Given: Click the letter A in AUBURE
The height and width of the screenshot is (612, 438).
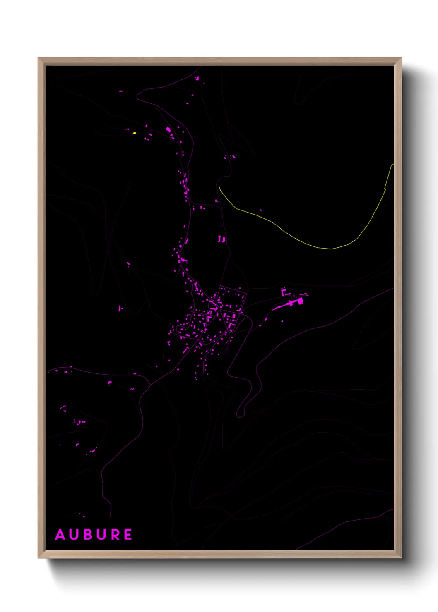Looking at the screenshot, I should point(60,535).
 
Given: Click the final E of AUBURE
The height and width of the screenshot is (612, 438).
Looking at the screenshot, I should point(128,535).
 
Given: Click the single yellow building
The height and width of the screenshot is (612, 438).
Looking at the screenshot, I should point(135,133).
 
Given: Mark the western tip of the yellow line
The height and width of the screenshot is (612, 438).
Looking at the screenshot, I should point(219,187).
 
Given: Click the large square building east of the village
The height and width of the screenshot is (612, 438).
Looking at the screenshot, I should point(300,301).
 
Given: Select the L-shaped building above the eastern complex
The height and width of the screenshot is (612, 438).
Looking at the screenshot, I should point(284,292).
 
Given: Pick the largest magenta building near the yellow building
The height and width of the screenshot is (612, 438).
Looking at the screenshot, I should point(168,129).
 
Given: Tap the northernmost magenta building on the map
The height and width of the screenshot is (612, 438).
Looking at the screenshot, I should point(197,78).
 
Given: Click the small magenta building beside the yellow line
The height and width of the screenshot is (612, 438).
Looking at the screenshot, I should point(260,210).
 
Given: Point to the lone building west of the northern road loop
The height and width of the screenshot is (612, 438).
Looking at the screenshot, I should point(121,91).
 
